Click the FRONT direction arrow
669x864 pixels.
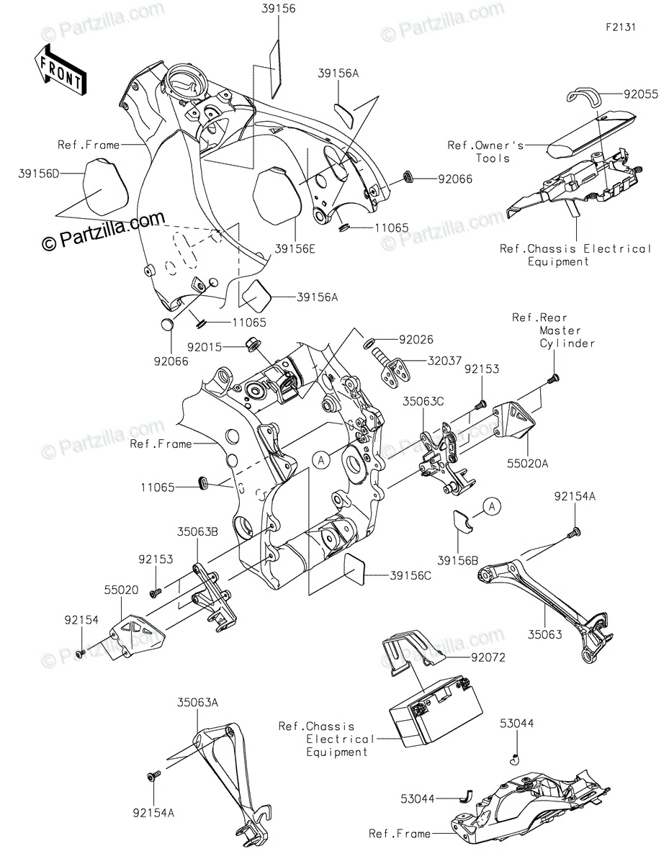click(x=59, y=70)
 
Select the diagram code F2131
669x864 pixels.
click(x=620, y=27)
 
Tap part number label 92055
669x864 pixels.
click(x=641, y=94)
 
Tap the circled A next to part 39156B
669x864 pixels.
click(x=491, y=507)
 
